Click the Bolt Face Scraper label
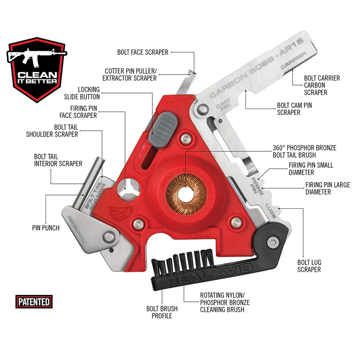point(143,52)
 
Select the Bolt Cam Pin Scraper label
point(294,109)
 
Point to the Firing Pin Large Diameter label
point(328,188)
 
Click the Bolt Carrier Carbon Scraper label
point(321,85)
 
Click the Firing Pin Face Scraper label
point(78,112)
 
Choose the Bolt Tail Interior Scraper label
point(58,160)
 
